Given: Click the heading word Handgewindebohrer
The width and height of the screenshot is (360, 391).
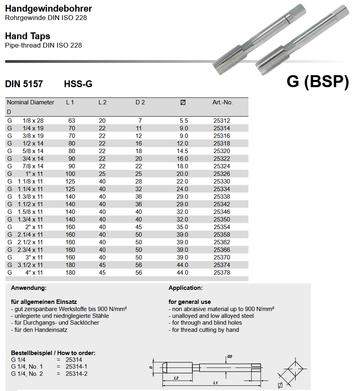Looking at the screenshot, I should click(48, 8).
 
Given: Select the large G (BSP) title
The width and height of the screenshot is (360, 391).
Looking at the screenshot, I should click(318, 82).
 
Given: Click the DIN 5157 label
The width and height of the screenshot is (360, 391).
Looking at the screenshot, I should click(24, 84).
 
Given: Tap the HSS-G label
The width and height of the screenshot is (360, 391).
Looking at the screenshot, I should click(78, 84).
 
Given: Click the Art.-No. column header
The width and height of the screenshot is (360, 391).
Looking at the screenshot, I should click(222, 102).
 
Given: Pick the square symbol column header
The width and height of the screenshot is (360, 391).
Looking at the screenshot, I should click(183, 103).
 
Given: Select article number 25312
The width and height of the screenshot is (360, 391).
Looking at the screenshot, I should click(222, 121).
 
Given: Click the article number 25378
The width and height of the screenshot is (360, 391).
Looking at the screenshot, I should click(222, 273).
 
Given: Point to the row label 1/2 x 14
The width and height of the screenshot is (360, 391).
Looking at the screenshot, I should click(33, 144).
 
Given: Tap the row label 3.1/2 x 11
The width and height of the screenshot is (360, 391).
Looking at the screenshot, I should click(30, 265).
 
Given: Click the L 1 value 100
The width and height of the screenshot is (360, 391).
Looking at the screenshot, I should click(70, 174).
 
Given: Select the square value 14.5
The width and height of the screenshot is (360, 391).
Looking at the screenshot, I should click(184, 151).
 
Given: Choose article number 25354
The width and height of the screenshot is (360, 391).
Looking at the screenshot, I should click(222, 227).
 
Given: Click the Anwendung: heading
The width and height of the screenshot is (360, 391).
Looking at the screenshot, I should click(29, 288).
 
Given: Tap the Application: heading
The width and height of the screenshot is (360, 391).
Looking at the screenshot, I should click(186, 288).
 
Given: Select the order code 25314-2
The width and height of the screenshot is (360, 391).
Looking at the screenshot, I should click(76, 374).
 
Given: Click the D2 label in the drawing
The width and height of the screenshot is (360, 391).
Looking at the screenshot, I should click(230, 356).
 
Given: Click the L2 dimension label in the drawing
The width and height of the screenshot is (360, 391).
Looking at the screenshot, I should click(176, 377).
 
